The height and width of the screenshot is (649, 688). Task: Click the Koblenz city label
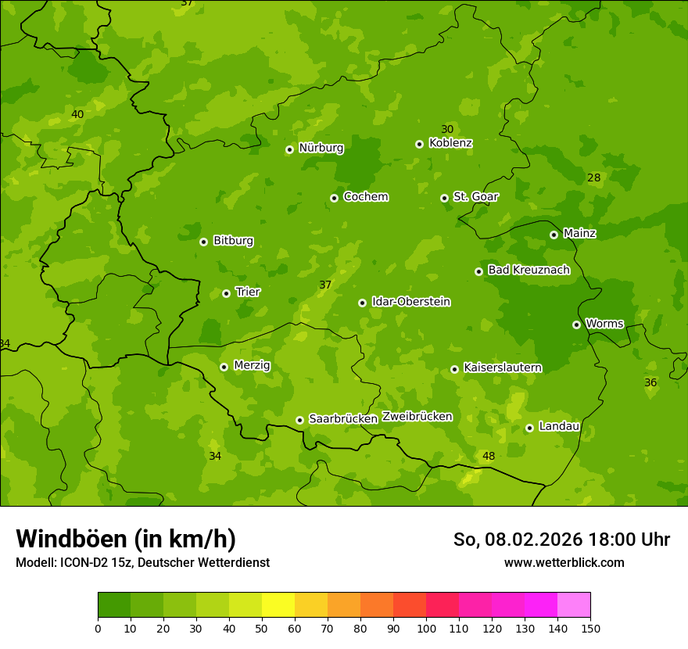450,143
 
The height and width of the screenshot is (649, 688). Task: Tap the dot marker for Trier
226,293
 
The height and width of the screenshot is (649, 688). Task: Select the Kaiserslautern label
503,368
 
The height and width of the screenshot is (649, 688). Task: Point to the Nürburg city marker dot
289,149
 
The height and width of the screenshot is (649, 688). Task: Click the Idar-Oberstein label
411,302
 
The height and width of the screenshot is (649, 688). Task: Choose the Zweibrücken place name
417,417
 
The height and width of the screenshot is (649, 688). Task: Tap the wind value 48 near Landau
489,456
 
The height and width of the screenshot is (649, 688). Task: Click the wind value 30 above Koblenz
447,129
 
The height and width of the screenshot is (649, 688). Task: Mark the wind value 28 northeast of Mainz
594,177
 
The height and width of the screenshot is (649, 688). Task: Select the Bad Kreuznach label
529,270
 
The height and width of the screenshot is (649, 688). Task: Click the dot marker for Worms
576,324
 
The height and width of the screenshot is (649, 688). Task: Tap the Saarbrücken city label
343,418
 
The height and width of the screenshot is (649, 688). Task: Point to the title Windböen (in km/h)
126,539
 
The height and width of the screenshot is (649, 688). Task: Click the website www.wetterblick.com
564,562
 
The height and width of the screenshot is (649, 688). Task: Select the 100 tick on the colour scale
426,628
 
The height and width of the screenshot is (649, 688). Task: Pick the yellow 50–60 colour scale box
278,605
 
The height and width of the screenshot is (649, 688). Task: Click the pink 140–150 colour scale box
574,605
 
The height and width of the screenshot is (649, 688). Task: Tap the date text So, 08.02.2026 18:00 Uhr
561,540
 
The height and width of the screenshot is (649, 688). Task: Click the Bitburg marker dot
203,242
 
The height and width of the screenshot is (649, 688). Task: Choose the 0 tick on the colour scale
98,628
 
